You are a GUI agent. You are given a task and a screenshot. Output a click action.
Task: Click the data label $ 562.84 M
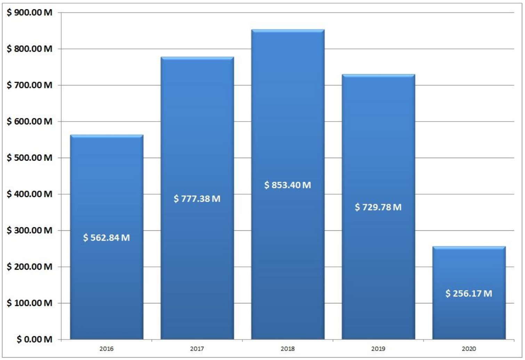coord(106,238)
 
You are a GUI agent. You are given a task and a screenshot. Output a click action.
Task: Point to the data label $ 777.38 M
coord(197,199)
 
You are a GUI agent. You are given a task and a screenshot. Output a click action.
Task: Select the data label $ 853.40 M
coord(288,185)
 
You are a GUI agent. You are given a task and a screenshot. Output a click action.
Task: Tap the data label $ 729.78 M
coord(378,207)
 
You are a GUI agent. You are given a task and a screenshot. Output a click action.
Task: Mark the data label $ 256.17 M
coord(469,293)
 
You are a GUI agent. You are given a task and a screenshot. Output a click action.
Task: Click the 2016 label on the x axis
coord(106,349)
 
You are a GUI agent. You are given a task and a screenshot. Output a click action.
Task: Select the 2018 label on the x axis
coord(288,349)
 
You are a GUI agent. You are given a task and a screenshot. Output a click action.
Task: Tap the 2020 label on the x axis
coord(469,349)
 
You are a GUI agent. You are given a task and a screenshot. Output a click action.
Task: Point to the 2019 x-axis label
coord(378,349)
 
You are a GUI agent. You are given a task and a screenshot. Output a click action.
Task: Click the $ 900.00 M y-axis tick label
coord(30,13)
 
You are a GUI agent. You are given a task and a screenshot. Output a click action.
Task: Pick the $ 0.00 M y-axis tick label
coord(34,339)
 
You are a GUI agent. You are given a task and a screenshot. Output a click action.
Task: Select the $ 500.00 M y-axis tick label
coord(30,158)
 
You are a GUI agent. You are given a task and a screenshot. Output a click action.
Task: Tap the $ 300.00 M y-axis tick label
coord(30,230)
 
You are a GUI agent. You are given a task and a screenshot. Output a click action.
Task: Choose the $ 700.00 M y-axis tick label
coord(30,85)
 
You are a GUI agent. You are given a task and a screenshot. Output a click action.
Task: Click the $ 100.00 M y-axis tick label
coord(30,303)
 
